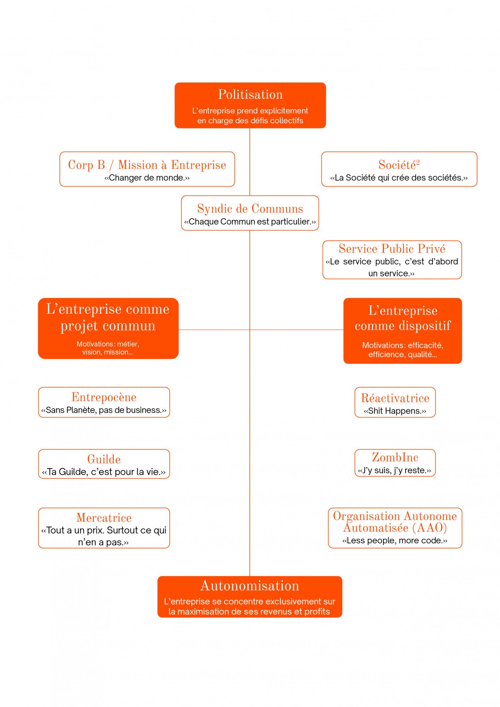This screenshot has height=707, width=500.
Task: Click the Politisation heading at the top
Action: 250,95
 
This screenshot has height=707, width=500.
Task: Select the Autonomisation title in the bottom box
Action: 250,586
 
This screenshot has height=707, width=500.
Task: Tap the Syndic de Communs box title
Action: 250,209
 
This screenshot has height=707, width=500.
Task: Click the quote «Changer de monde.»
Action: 147,178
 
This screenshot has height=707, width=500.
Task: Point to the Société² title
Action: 399,165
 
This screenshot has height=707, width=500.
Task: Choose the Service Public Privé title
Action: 392,249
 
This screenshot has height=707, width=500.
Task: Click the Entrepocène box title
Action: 104,397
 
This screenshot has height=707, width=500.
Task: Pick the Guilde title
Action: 104,459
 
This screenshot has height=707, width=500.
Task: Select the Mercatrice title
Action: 104,518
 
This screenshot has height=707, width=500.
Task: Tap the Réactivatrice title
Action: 395,398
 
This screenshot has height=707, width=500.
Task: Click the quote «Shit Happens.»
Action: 395,411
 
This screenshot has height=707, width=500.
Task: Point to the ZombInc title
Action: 395,457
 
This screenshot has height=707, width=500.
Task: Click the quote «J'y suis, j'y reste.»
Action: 395,471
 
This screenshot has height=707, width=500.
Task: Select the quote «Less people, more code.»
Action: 395,541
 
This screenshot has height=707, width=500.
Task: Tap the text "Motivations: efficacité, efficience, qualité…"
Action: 402,350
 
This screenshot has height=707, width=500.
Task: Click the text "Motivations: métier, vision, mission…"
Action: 108,348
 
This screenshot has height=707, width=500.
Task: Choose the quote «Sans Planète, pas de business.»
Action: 104,410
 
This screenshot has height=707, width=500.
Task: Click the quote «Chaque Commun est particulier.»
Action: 250,222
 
